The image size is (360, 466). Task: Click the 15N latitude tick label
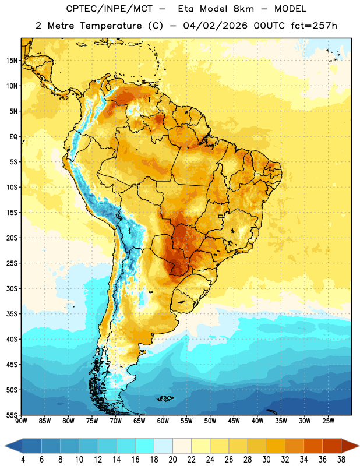tap(12, 61)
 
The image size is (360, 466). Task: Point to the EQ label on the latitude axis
tap(13, 137)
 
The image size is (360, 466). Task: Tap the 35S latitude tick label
tap(12, 314)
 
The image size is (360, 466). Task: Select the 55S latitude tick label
tap(12, 415)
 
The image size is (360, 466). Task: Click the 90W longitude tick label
tap(21, 421)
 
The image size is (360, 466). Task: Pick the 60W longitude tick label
tap(163, 421)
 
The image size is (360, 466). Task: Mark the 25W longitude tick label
tap(328, 421)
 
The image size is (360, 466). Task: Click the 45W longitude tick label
tap(234, 421)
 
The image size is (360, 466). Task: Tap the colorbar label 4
tap(23, 460)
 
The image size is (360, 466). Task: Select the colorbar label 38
tap(341, 460)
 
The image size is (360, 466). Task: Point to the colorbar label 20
tap(172, 460)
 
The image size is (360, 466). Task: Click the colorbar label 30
tap(266, 460)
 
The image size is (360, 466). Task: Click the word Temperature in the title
tap(111, 26)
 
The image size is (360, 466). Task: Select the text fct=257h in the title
tap(314, 26)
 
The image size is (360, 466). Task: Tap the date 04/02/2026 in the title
tap(215, 26)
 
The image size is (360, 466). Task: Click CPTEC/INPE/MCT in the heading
tap(110, 9)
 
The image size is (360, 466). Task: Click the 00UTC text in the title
tap(269, 26)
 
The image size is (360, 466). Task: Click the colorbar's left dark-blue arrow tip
tap(5, 446)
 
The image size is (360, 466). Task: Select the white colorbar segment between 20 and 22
tap(182, 446)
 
